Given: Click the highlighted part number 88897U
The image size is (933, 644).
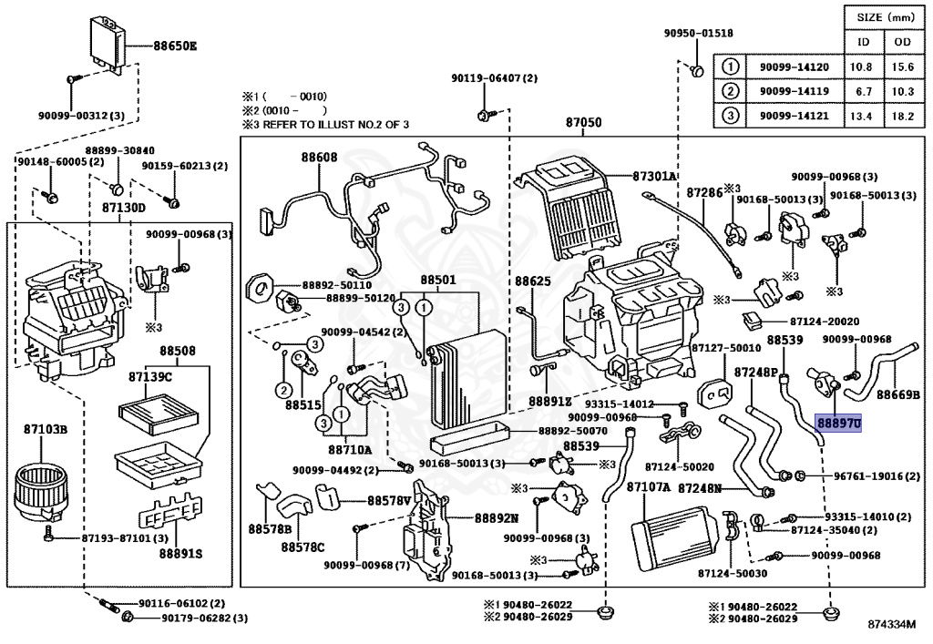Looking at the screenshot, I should (x=838, y=424).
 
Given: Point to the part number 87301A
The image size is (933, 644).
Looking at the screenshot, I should (x=654, y=176).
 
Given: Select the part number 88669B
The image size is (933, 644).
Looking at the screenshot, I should (x=898, y=394).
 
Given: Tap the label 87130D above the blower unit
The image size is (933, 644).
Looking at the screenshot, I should (x=124, y=207).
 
